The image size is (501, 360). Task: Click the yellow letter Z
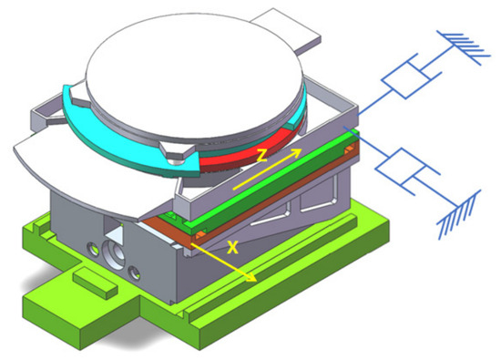[262, 155]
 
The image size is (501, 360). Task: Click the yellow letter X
[232, 247]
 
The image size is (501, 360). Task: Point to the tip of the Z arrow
[302, 149]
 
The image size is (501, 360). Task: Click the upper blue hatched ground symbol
[464, 48]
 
